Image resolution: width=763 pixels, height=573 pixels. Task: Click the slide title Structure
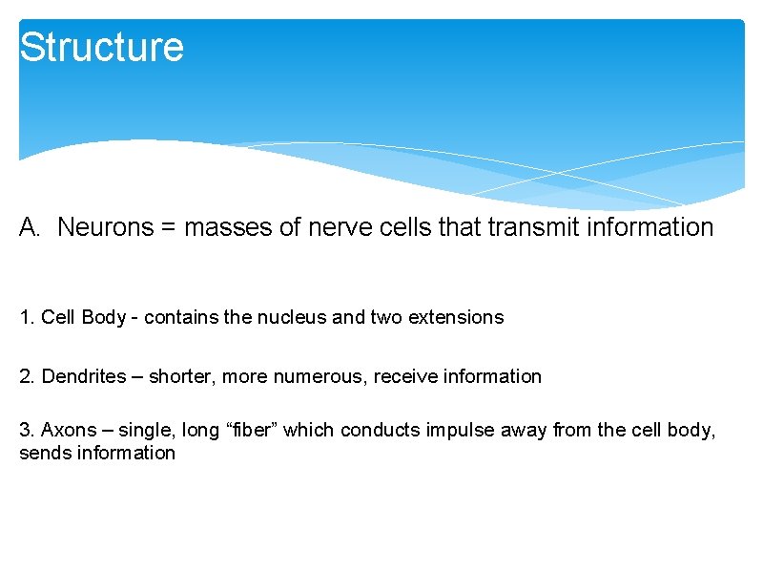pos(101,47)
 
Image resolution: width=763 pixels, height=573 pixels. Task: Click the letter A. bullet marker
pos(31,227)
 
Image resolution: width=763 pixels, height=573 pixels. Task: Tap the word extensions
pos(455,318)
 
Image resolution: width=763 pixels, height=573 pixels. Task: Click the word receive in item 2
pos(405,377)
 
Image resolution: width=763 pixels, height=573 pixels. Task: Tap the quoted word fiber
pos(251,430)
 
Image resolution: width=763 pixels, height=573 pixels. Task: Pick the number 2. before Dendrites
pos(27,377)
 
